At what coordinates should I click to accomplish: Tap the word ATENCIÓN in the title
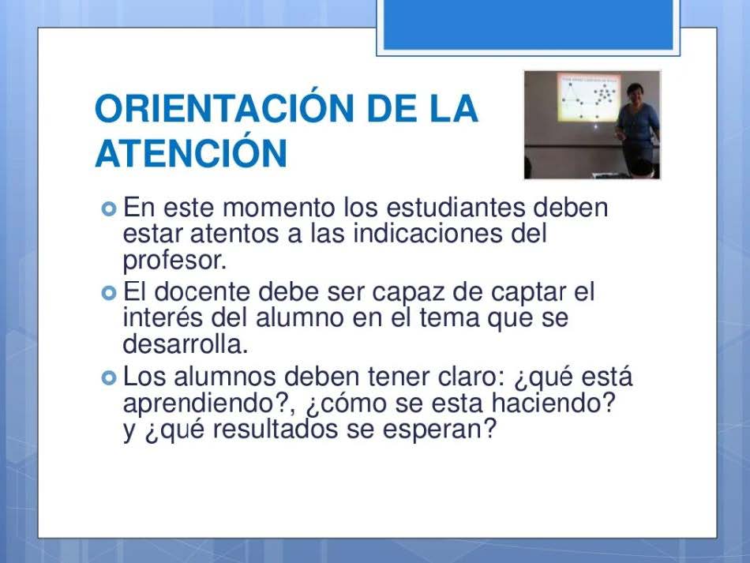(x=191, y=152)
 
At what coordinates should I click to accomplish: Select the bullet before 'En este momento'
(x=109, y=209)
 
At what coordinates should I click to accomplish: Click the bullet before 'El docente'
(x=109, y=293)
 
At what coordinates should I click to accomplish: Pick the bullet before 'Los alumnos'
(x=109, y=378)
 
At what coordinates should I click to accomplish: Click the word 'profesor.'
(x=174, y=261)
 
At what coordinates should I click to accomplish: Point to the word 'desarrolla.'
(x=186, y=343)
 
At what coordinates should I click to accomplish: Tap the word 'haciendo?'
(x=553, y=402)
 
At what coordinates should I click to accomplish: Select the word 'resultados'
(x=275, y=428)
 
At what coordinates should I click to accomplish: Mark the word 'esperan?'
(x=440, y=430)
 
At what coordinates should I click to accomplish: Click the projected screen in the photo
(x=588, y=96)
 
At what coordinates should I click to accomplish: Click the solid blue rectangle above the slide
(x=528, y=24)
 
